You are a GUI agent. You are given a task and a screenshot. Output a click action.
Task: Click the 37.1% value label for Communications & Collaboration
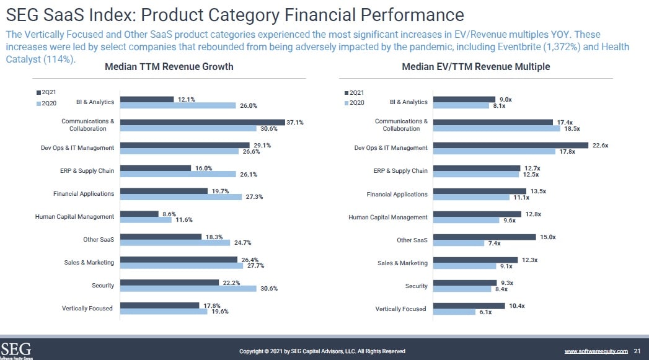pyautogui.click(x=295, y=122)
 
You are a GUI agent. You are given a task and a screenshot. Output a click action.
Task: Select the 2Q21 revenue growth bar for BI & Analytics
pyautogui.click(x=147, y=99)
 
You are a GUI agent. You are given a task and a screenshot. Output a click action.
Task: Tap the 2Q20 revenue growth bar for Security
pyautogui.click(x=188, y=288)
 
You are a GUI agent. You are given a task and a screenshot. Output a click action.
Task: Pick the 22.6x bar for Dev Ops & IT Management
pyautogui.click(x=511, y=145)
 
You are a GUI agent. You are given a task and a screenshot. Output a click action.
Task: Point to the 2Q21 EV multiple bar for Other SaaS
pyautogui.click(x=484, y=237)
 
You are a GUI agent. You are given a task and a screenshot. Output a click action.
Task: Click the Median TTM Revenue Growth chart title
pyautogui.click(x=169, y=67)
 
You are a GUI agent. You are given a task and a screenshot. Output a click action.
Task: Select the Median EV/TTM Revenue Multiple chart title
pyautogui.click(x=476, y=67)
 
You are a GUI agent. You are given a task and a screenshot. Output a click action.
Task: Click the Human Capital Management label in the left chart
pyautogui.click(x=74, y=217)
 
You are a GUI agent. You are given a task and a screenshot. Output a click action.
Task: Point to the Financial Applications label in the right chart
pyautogui.click(x=397, y=195)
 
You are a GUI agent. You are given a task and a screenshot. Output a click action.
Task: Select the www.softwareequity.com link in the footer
pyautogui.click(x=596, y=351)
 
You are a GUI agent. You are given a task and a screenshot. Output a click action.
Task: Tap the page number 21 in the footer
pyautogui.click(x=637, y=351)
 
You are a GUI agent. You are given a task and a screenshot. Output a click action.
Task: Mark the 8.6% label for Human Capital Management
pyautogui.click(x=169, y=214)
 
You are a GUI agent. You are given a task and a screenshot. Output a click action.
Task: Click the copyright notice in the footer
pyautogui.click(x=322, y=351)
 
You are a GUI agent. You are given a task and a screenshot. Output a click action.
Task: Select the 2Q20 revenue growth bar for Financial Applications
pyautogui.click(x=180, y=197)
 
